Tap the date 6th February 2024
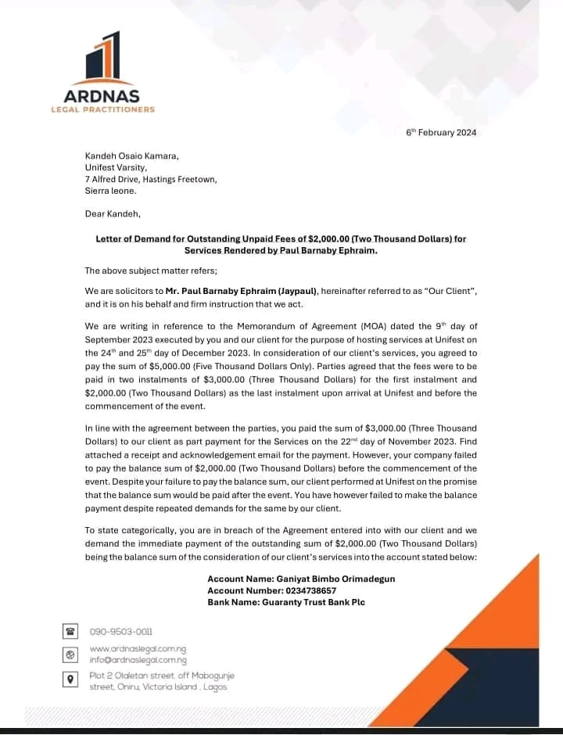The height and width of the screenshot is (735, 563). coord(441,132)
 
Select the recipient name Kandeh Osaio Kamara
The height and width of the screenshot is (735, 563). coord(131,156)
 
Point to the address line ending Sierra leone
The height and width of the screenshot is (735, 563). coord(110,190)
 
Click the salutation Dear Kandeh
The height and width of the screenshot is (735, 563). coord(113,213)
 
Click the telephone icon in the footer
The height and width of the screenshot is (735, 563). coord(70,631)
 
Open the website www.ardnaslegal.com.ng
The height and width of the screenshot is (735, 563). coord(138,649)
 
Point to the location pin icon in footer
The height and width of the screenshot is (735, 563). coord(70,679)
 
